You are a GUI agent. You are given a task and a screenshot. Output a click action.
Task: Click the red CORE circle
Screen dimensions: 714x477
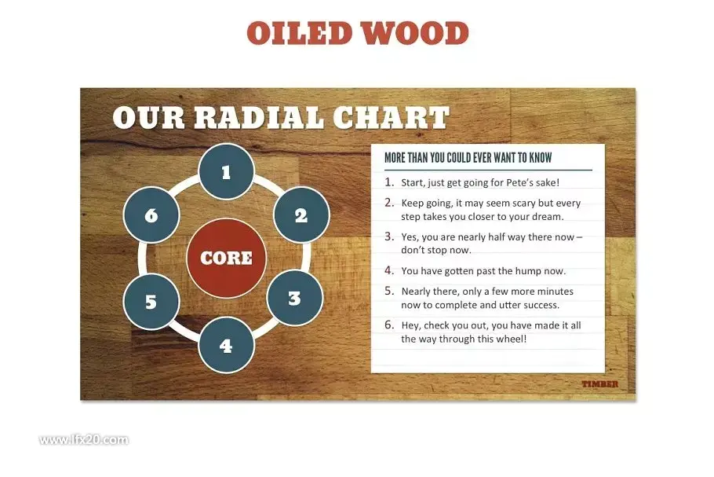tap(226, 258)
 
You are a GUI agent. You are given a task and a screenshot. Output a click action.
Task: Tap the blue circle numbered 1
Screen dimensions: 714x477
tap(226, 171)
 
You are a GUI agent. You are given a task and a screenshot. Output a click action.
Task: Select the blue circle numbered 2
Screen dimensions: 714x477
tap(301, 215)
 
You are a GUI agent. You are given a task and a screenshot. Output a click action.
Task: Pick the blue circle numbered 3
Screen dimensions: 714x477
tap(294, 298)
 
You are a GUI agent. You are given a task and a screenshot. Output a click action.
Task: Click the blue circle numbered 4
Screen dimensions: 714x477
tap(226, 345)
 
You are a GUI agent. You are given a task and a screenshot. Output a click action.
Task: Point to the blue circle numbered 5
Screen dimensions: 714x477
tap(151, 302)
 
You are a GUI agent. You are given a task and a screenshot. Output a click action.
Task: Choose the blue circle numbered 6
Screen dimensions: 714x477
tap(151, 215)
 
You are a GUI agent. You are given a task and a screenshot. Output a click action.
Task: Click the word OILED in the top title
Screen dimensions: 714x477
tap(300, 33)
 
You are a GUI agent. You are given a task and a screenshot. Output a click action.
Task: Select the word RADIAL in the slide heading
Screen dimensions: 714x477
tap(259, 117)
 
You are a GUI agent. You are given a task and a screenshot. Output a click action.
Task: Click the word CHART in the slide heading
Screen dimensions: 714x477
tap(392, 117)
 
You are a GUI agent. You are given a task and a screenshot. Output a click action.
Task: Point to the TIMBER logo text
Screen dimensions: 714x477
tap(600, 384)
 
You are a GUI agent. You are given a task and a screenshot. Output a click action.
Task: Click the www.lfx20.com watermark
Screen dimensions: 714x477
tap(84, 439)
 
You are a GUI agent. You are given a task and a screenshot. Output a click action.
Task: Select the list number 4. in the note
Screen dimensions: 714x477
tap(389, 270)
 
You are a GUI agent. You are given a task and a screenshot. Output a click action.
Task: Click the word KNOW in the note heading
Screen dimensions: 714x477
tap(541, 158)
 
